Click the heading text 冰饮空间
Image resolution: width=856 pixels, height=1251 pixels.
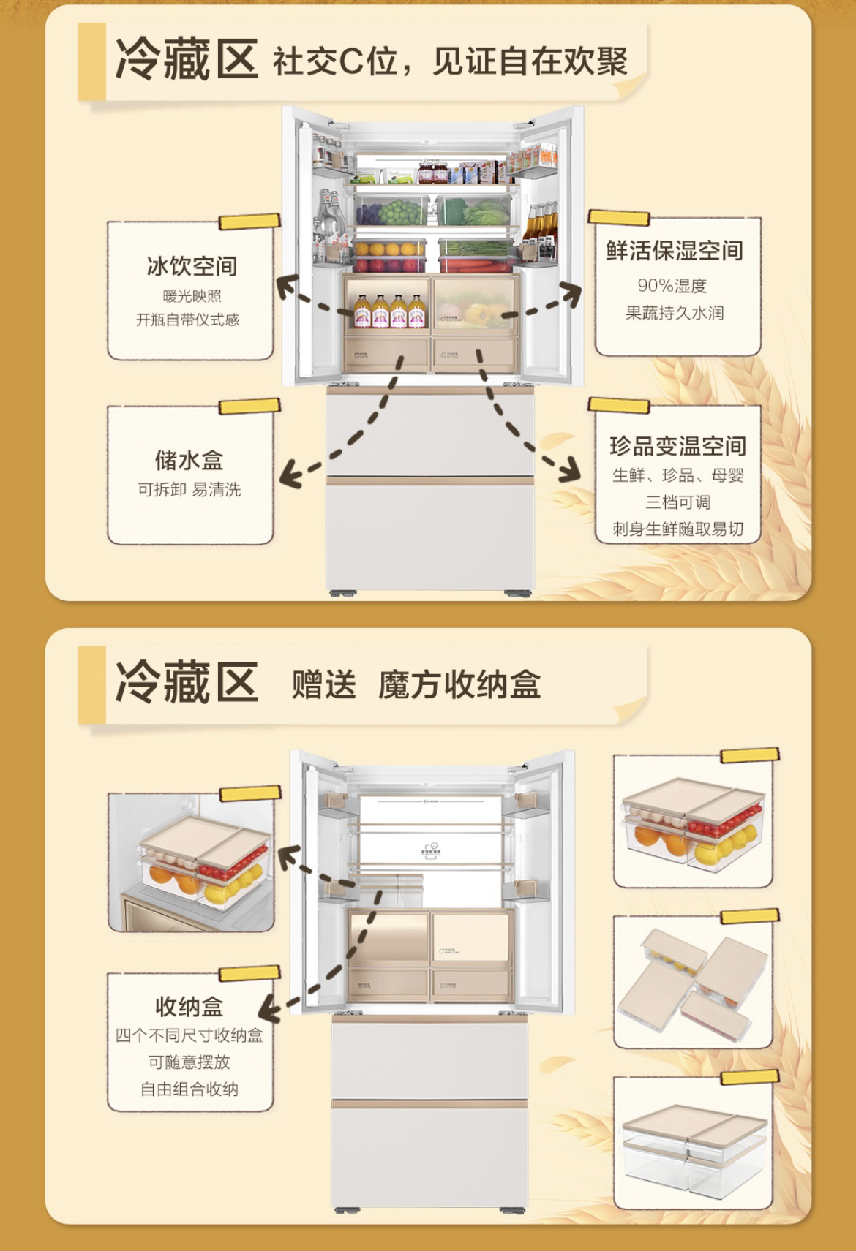click(x=192, y=266)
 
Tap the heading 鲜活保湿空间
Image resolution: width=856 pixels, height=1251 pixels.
click(x=674, y=251)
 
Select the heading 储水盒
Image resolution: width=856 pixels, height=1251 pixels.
click(x=189, y=461)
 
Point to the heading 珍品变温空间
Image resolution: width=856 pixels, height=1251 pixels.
click(x=677, y=446)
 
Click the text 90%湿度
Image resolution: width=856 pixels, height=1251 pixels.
click(x=672, y=285)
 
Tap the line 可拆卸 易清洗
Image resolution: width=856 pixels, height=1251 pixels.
click(x=189, y=490)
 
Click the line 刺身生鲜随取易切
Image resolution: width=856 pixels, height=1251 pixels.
click(x=677, y=529)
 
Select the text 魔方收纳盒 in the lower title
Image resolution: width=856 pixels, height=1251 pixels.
click(x=459, y=685)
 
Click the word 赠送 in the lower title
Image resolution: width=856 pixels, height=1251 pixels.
click(x=324, y=685)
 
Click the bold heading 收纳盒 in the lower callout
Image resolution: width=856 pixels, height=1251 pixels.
click(x=189, y=1007)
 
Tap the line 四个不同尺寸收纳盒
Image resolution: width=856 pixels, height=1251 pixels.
click(x=189, y=1035)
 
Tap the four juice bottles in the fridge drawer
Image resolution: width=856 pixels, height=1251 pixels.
click(x=387, y=311)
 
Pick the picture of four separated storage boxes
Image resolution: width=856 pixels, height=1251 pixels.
click(x=691, y=981)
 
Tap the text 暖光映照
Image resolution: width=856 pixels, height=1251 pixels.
click(x=192, y=296)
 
